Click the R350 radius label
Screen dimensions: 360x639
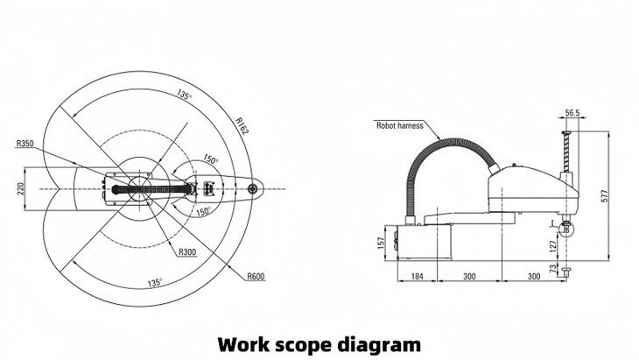26,142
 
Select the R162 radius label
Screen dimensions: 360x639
242,124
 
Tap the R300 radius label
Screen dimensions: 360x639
186,252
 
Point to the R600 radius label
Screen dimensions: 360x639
255,277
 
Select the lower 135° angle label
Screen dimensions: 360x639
154,283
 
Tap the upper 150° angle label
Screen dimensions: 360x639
210,160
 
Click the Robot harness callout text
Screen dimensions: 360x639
399,125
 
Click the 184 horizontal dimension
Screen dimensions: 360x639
417,277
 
